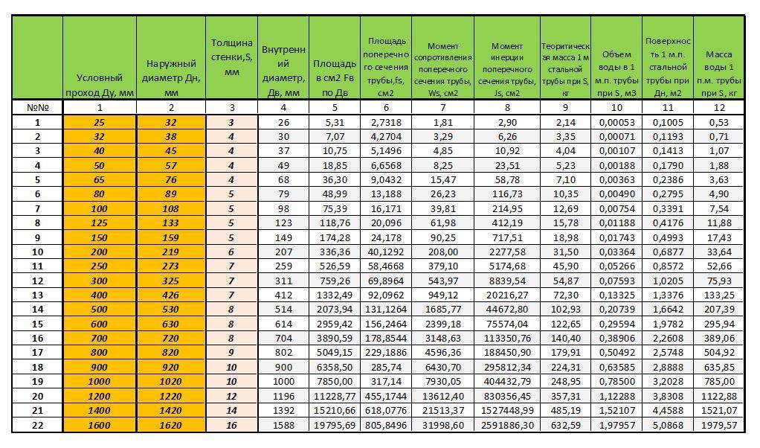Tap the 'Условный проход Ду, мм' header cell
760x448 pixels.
[x=100, y=85]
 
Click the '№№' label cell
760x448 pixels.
[x=37, y=107]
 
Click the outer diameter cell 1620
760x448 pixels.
[x=171, y=425]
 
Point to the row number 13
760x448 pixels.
[x=37, y=295]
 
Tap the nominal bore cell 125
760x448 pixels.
[x=100, y=223]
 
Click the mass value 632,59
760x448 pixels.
[x=564, y=425]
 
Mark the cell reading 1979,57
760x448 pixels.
[x=718, y=425]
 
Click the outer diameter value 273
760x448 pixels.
[x=171, y=266]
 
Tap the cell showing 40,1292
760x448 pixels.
[x=385, y=252]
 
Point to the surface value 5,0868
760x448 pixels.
[x=667, y=425]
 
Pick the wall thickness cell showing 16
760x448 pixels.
[x=231, y=425]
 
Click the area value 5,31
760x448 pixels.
[x=334, y=122]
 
